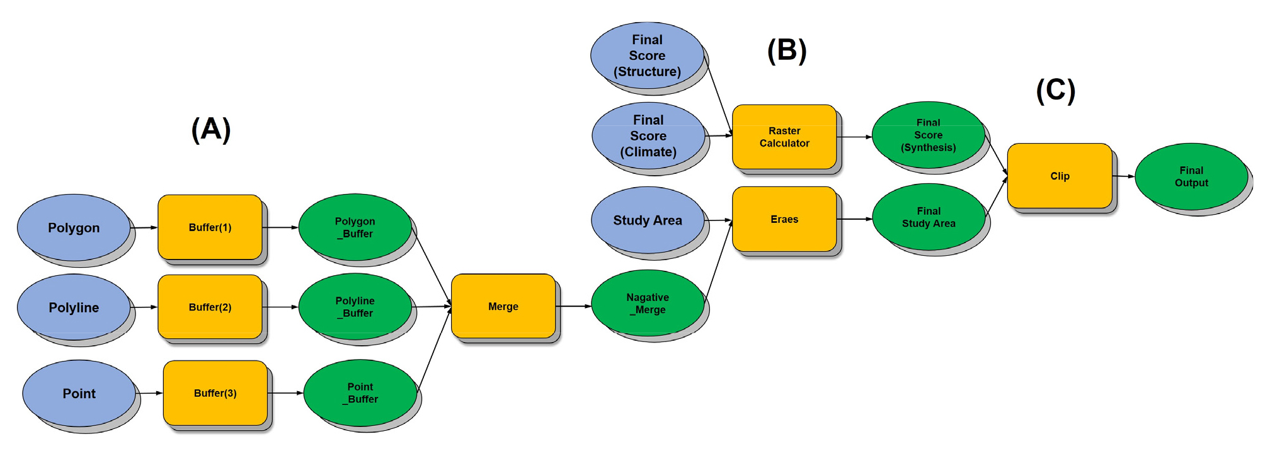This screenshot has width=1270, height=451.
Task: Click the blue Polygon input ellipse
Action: point(74,227)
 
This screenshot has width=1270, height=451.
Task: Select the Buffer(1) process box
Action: point(210,227)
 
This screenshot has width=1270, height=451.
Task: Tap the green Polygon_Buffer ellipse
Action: point(355,227)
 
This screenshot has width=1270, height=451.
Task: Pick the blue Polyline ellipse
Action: point(74,307)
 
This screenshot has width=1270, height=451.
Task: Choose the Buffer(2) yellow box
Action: point(210,307)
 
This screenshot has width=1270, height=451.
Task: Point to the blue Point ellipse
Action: point(79,394)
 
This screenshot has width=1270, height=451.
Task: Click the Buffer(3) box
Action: point(215,393)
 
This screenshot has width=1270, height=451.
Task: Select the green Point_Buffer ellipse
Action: point(360,393)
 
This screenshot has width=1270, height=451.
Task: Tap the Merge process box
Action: point(503,306)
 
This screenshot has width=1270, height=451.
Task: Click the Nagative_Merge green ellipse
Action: point(648,304)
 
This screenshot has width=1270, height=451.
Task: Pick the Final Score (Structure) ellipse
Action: point(647,55)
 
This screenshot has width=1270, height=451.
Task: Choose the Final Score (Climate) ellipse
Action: point(648,136)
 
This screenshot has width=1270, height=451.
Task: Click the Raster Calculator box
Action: point(784,137)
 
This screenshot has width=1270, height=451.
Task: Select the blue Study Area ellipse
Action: point(648,220)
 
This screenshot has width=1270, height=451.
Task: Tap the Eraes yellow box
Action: point(784,219)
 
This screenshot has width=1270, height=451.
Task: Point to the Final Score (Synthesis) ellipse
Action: point(929,135)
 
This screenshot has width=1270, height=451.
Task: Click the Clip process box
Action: point(1060,176)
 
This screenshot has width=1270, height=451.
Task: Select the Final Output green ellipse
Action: point(1191,176)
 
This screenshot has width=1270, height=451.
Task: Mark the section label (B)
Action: point(787,50)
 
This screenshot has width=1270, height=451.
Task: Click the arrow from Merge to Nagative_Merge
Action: point(573,306)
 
